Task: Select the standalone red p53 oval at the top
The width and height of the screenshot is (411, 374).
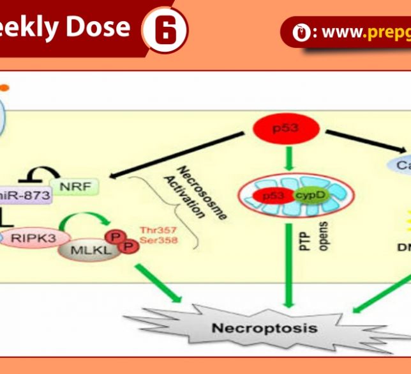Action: (x=285, y=130)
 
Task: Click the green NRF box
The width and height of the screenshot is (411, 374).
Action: (x=75, y=187)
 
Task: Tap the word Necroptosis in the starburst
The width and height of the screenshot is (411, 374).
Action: (x=264, y=329)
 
